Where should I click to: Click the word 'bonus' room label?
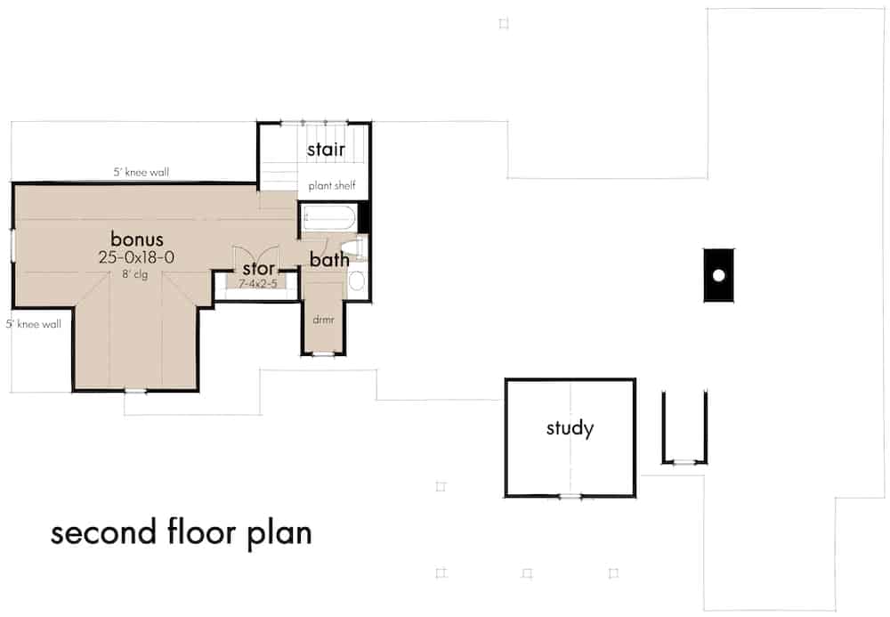137,239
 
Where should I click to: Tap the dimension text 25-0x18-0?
137,256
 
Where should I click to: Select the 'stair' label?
326,150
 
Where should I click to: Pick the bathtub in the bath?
328,218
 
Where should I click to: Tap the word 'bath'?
328,260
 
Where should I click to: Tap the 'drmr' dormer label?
322,320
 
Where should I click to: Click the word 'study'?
570,428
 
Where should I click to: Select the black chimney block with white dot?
717,275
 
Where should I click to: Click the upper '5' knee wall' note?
141,172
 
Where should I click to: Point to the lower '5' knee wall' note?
33,324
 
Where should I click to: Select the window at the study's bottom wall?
570,496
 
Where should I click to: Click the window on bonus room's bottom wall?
135,390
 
